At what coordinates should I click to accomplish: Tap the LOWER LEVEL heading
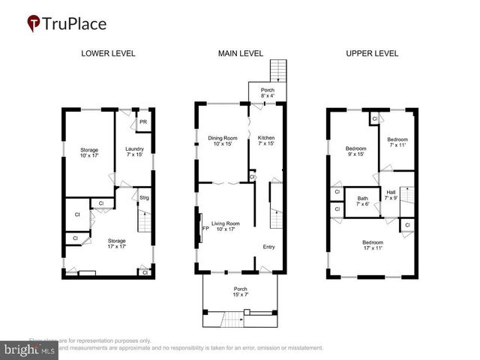click(x=106, y=54)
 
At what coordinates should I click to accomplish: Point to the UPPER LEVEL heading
click(x=372, y=54)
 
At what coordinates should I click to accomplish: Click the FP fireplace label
click(x=204, y=229)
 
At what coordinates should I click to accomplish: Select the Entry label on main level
click(x=268, y=247)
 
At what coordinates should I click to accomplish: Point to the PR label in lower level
click(x=143, y=122)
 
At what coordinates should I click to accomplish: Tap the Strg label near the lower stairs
click(x=144, y=197)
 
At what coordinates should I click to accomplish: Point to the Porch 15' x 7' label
click(x=240, y=292)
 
